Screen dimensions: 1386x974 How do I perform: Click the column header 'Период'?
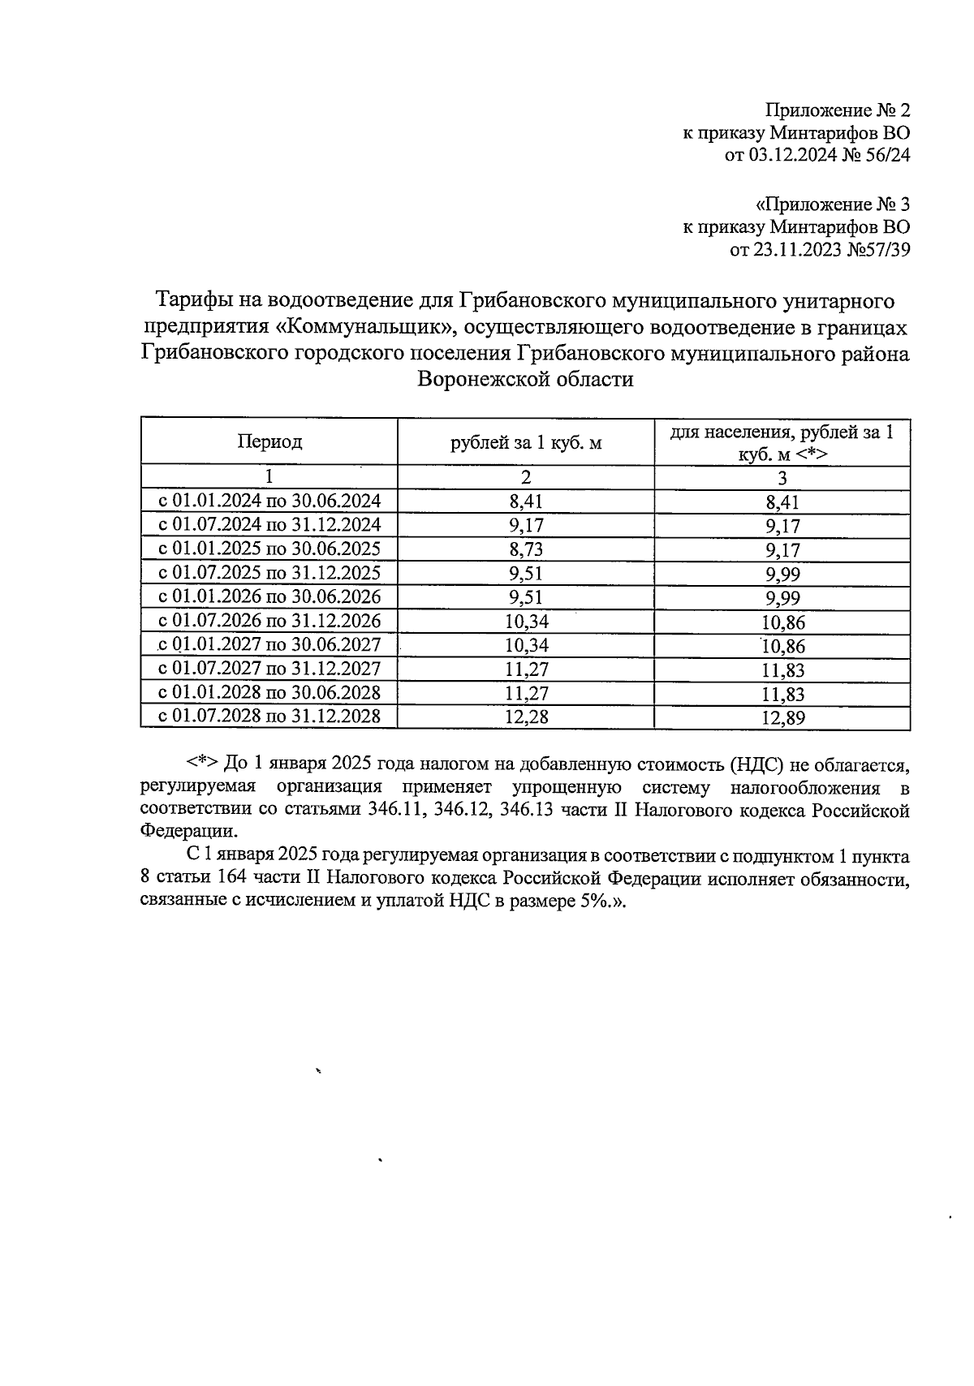tap(269, 441)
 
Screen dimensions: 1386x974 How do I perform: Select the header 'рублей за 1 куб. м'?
tap(526, 443)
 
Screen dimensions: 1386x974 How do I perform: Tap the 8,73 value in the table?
tap(526, 549)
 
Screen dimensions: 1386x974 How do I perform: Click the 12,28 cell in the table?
tap(526, 717)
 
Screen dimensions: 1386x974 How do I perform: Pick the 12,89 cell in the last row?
tap(782, 717)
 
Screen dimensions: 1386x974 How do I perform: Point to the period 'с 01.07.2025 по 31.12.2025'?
tap(269, 573)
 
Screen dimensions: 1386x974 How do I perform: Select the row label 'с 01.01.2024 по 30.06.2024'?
tap(269, 501)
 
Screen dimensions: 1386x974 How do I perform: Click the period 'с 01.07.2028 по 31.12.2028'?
tap(269, 717)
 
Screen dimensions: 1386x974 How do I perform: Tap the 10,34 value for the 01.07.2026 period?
tap(526, 622)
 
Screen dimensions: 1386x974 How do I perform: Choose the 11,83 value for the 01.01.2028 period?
tap(782, 694)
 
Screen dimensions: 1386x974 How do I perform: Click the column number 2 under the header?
tap(526, 477)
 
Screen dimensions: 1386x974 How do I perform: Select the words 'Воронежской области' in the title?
tap(524, 379)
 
